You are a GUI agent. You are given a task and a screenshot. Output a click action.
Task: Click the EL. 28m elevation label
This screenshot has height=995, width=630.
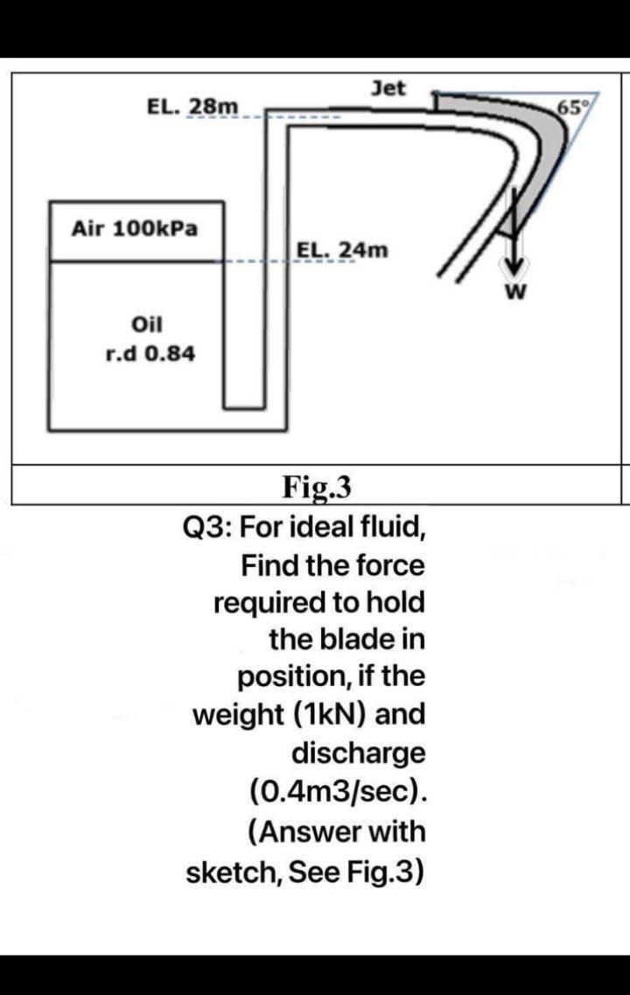192,107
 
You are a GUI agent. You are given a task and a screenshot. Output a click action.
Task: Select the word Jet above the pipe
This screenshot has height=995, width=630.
388,88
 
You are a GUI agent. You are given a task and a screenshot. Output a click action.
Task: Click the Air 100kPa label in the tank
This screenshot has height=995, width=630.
135,229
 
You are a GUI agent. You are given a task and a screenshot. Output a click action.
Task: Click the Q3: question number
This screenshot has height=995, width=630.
206,528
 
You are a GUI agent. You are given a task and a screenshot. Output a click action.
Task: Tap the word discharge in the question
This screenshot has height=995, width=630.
358,752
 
